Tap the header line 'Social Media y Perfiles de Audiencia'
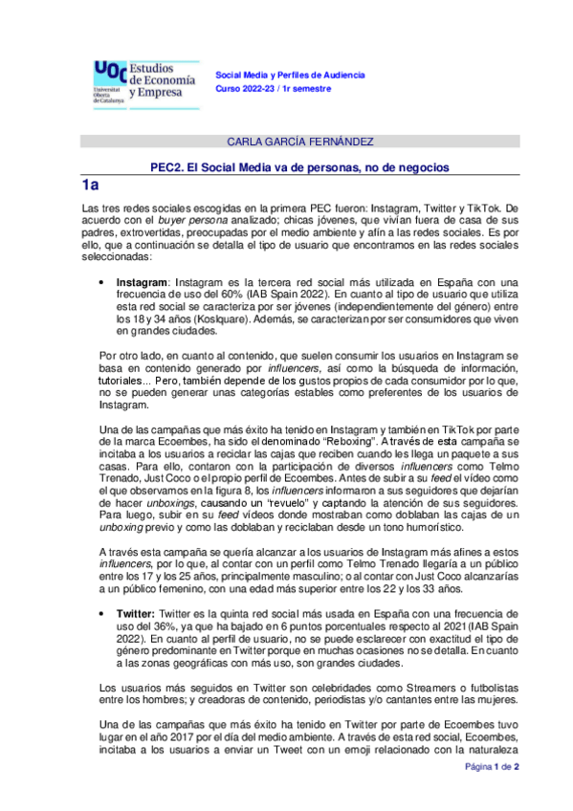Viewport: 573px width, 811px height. click(291, 75)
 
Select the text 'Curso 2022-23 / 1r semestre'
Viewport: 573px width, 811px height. click(274, 88)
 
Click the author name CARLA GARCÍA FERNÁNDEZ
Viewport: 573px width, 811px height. click(299, 142)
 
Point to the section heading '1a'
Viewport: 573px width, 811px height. click(92, 186)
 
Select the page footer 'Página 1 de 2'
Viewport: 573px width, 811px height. click(491, 793)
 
